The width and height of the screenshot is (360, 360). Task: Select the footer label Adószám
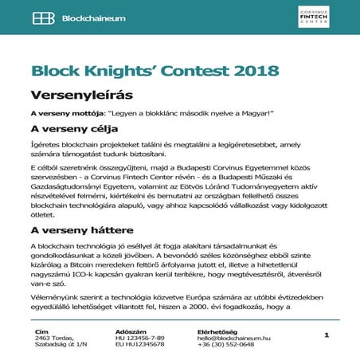(x=130, y=331)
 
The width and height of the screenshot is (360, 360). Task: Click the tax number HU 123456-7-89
(x=142, y=338)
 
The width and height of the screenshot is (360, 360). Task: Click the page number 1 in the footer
(x=327, y=336)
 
